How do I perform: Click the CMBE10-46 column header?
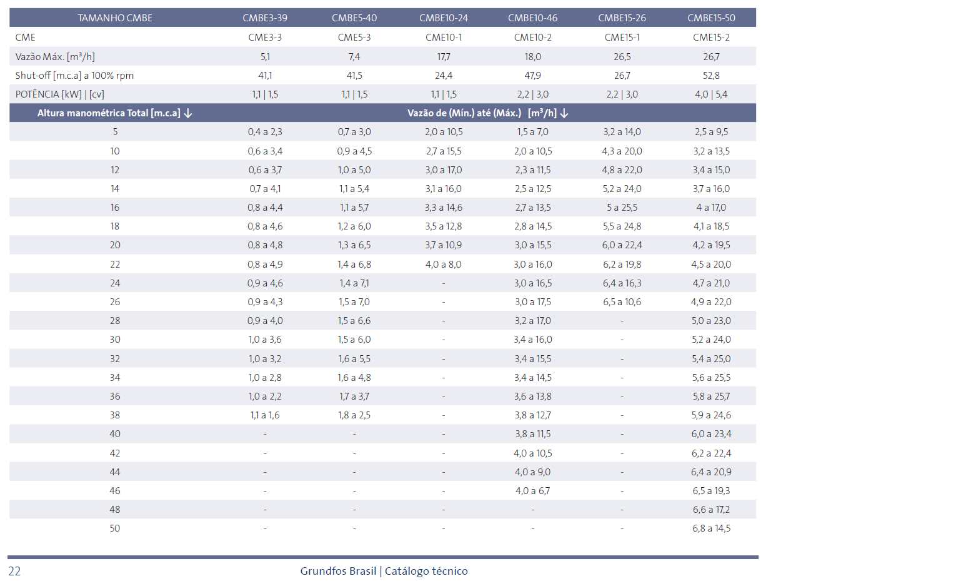532,18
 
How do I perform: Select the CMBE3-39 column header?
265,18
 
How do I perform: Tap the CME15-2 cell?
711,38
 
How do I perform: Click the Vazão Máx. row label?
55,56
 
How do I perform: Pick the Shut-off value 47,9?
532,76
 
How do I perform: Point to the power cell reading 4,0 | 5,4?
711,94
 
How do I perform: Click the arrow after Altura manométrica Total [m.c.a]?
187,113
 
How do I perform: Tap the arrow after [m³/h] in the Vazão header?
564,113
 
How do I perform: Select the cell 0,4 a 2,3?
265,132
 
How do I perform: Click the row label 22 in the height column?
115,264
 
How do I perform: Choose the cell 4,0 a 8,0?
444,264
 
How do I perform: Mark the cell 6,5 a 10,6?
622,302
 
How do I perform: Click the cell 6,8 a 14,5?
711,528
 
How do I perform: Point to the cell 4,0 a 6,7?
532,490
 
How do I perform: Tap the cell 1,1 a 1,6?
265,415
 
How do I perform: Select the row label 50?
115,528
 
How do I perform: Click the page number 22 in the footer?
14,571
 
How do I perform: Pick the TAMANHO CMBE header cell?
115,18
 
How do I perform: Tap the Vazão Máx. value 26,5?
622,56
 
